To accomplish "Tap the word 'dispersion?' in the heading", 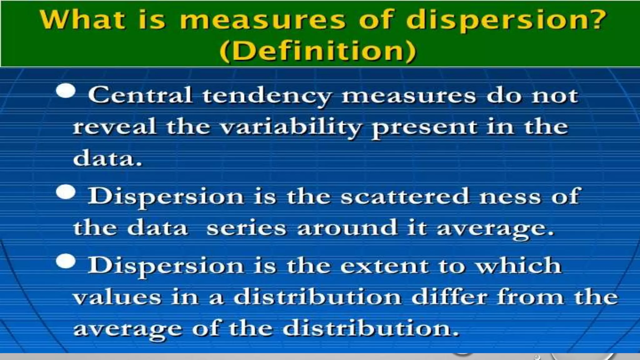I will [x=506, y=21].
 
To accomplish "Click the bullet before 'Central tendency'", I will [x=66, y=91].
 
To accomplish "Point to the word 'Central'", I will [x=140, y=95].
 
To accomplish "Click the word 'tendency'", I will [x=266, y=96].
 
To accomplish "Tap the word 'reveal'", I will [x=114, y=127].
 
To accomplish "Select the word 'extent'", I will [x=384, y=266].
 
